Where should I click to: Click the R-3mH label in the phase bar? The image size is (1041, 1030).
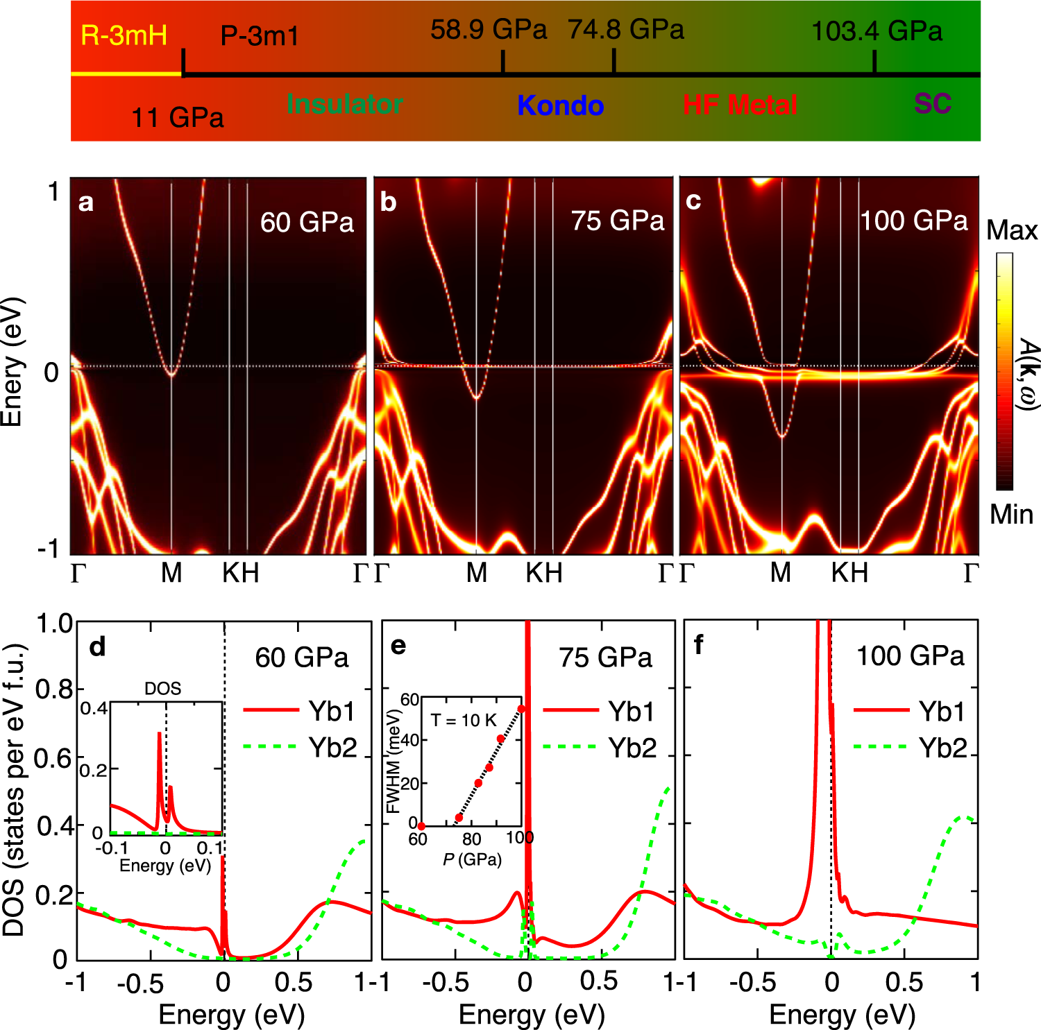[x=124, y=35]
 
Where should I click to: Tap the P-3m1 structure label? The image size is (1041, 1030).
[x=260, y=36]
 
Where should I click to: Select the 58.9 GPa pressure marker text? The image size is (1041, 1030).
[x=489, y=30]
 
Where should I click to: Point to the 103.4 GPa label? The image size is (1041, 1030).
[x=877, y=31]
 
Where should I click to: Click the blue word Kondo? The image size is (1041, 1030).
[x=560, y=105]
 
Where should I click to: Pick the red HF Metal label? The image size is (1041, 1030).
[x=740, y=105]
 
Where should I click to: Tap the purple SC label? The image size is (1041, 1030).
[x=932, y=104]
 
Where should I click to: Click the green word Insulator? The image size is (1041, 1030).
[x=345, y=104]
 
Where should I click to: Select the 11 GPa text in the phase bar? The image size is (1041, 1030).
[x=178, y=117]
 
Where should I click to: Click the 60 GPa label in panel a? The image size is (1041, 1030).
[x=307, y=223]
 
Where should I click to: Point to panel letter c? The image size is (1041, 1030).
[x=693, y=200]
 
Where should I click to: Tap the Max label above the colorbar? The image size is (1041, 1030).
[x=1011, y=230]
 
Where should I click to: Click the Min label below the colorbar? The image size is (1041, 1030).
[x=1011, y=515]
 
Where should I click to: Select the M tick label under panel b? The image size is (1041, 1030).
[x=476, y=573]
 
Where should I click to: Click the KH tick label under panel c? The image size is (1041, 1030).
[x=849, y=573]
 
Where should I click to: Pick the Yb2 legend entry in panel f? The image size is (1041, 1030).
[x=942, y=748]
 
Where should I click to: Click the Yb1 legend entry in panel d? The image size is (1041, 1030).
[x=332, y=712]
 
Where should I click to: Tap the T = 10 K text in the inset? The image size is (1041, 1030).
[x=464, y=720]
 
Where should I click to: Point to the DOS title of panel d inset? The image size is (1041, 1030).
[x=162, y=689]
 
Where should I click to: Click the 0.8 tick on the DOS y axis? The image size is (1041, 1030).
[x=54, y=689]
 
